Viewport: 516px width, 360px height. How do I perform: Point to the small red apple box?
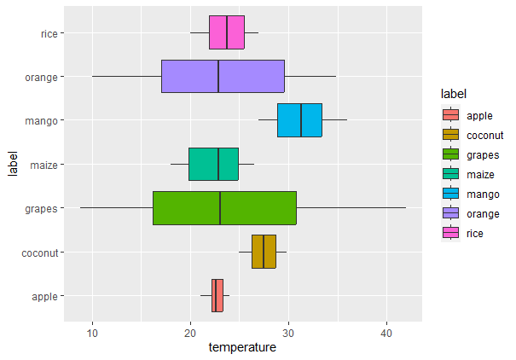tap(217, 295)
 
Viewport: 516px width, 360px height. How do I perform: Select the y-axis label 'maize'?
tap(43, 164)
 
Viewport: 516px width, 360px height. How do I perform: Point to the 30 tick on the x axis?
tap(288, 331)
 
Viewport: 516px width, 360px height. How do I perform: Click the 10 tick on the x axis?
tap(93, 331)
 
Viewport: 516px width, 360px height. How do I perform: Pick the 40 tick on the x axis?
tap(386, 331)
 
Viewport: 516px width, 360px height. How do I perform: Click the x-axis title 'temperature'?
tap(242, 347)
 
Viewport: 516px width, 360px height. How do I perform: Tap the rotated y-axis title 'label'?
tap(12, 164)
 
